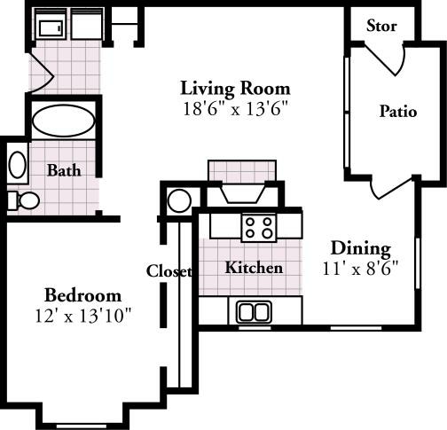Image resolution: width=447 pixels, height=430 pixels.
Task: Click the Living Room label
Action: [x=235, y=89]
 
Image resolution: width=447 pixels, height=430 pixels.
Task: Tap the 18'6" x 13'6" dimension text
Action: [x=235, y=109]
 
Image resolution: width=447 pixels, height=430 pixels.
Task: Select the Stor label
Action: [x=381, y=26]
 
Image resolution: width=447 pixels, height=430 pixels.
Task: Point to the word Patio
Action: [x=397, y=112]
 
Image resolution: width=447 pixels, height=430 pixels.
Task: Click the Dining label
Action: [x=361, y=248]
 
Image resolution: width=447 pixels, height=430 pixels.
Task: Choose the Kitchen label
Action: [x=254, y=268]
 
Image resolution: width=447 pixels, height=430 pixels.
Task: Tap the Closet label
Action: [x=169, y=272]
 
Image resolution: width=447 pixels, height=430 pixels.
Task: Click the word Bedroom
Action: [x=82, y=295]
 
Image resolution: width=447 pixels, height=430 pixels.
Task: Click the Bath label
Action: [x=65, y=170]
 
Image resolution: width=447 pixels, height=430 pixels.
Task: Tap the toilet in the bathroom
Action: [x=24, y=200]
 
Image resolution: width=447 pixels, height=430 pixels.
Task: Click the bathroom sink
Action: [x=17, y=165]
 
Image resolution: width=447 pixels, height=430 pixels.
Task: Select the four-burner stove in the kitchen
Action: [x=259, y=228]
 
